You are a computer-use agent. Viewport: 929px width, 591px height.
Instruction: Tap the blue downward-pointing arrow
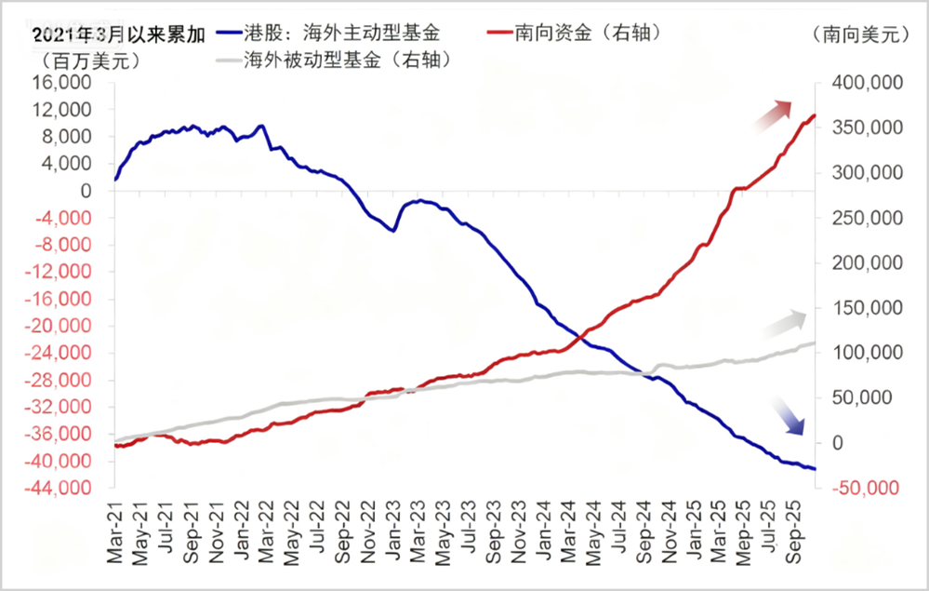[x=789, y=420]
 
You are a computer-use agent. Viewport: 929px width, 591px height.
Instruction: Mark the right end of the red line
[x=815, y=115]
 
